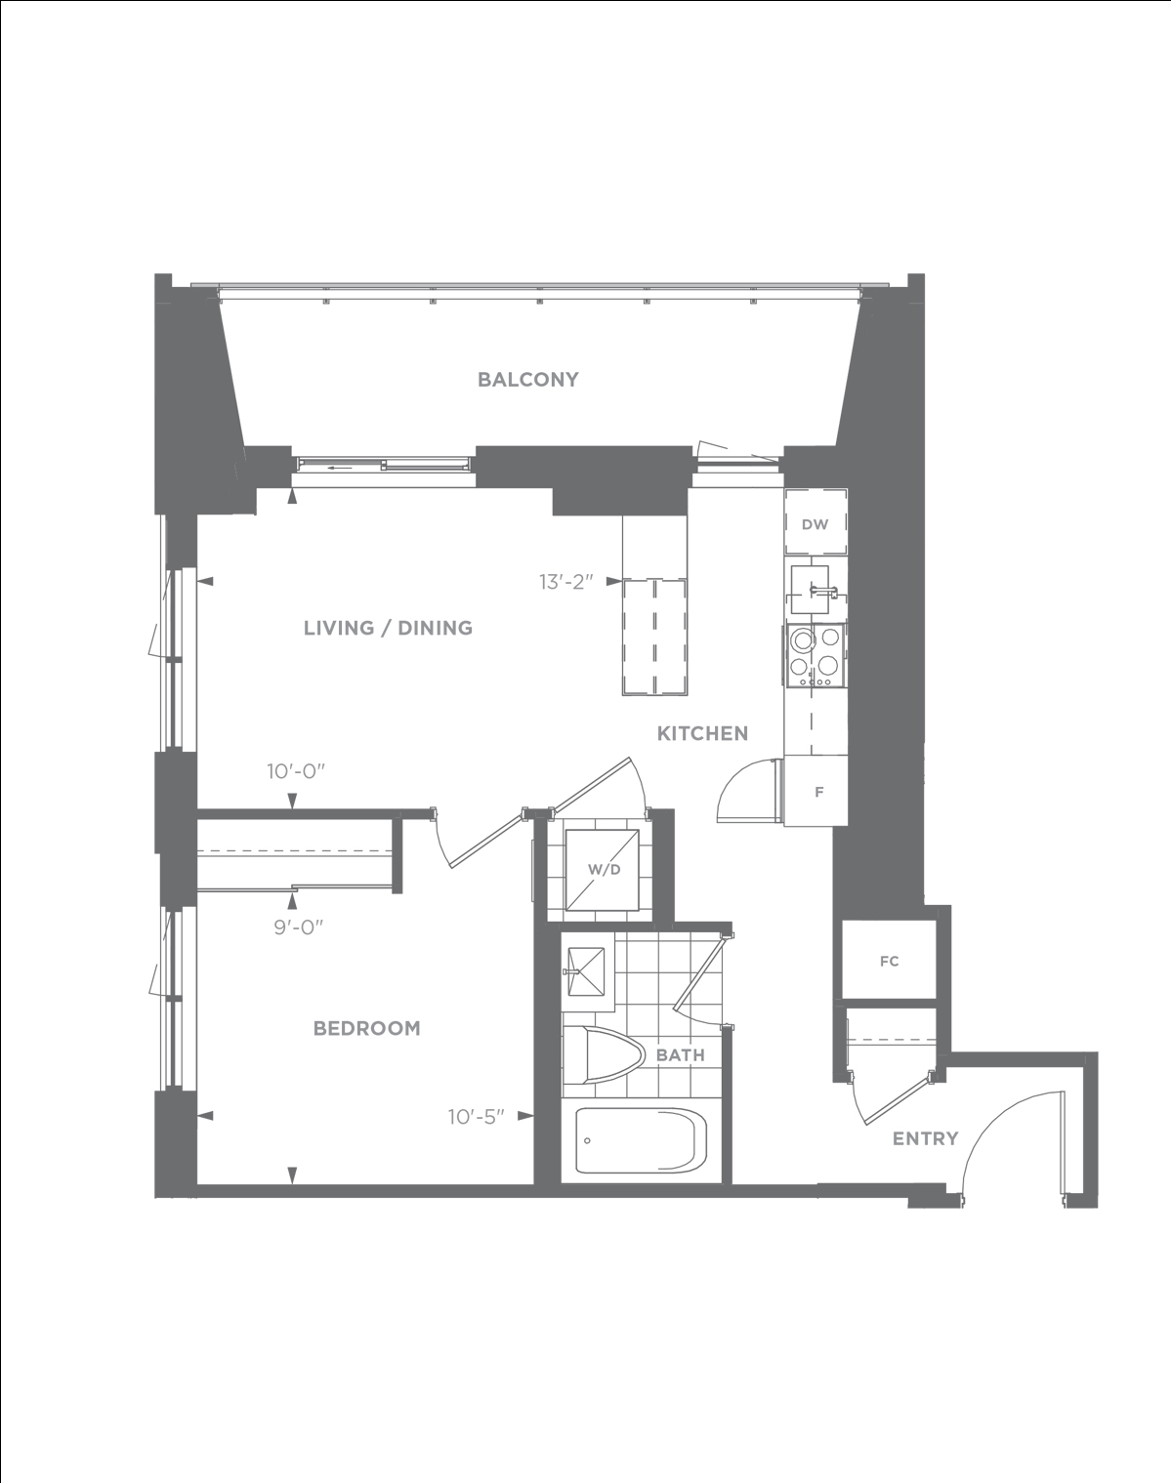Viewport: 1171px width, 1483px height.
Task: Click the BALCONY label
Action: click(x=527, y=380)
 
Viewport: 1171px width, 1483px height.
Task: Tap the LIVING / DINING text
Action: click(x=389, y=628)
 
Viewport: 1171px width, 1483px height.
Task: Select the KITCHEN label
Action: click(x=702, y=733)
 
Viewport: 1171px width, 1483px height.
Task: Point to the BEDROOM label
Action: click(x=366, y=1028)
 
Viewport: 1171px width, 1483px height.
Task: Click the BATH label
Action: click(x=680, y=1055)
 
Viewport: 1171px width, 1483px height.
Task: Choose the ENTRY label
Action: click(x=926, y=1138)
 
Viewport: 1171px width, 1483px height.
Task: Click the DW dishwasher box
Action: click(x=816, y=521)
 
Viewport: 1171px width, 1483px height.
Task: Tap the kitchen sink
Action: click(x=811, y=590)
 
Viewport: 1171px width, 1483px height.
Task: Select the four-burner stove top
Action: click(x=816, y=655)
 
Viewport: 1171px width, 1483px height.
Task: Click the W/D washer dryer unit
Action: click(x=603, y=870)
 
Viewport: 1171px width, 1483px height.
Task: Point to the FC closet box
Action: click(x=889, y=961)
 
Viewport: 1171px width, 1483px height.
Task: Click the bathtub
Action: click(x=641, y=1139)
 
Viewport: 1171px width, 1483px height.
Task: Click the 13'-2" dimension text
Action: click(x=566, y=582)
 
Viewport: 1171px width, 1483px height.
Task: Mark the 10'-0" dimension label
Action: click(x=296, y=771)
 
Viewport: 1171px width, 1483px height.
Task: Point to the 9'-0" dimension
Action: click(x=299, y=927)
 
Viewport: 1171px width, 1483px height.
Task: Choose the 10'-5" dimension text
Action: click(x=477, y=1116)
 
